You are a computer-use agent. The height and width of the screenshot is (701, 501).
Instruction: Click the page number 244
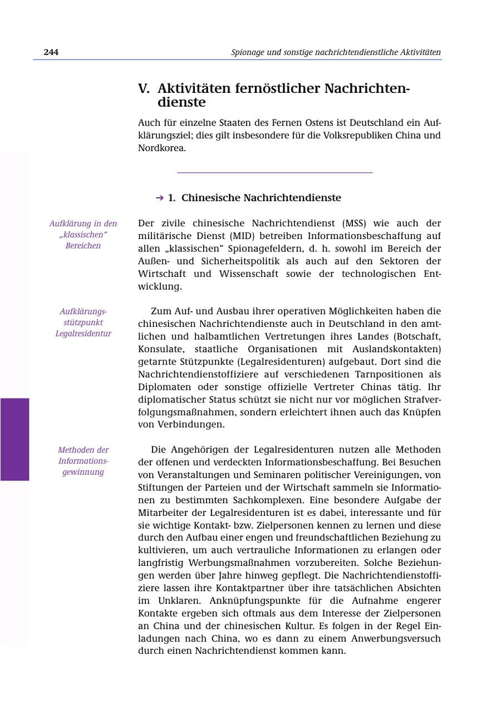51,52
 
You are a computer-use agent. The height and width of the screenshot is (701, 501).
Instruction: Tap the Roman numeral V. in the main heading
144,89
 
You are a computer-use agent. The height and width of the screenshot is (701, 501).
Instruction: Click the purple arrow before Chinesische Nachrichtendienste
160,198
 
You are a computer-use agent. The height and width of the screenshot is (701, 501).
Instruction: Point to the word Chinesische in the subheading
211,198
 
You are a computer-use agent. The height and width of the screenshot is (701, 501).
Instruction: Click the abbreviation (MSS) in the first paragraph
353,223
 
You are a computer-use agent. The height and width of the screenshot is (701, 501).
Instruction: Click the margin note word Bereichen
83,246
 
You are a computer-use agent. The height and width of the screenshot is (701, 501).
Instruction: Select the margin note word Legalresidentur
83,334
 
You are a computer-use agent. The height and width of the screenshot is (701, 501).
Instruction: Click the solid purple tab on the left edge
14,439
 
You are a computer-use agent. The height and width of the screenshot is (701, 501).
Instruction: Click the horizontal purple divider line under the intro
274,173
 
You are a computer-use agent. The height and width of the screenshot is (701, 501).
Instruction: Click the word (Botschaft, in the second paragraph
417,336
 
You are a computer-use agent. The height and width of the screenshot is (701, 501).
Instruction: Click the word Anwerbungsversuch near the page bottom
395,639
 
